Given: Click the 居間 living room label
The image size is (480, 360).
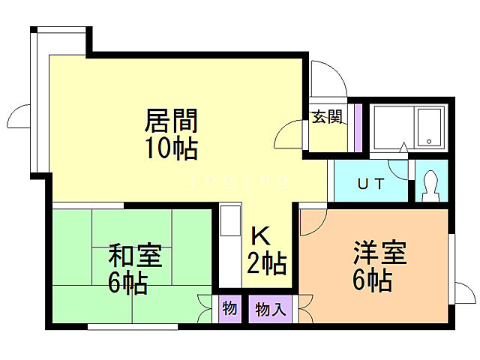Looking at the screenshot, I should pyautogui.click(x=170, y=120).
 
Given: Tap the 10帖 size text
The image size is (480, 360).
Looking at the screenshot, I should pyautogui.click(x=171, y=148).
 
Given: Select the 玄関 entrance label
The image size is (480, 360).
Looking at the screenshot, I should pyautogui.click(x=327, y=116).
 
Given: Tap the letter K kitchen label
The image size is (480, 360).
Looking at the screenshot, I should pyautogui.click(x=259, y=237).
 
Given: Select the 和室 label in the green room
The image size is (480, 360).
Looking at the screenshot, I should pyautogui.click(x=135, y=256).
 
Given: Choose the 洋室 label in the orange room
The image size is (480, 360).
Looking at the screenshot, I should pyautogui.click(x=380, y=253).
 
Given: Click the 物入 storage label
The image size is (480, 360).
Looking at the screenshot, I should pyautogui.click(x=271, y=309).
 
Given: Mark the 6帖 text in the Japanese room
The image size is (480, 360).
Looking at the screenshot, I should pyautogui.click(x=127, y=283).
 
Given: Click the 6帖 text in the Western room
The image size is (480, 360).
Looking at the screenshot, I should pyautogui.click(x=373, y=280).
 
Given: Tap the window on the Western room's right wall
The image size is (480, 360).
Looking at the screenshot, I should pyautogui.click(x=452, y=268).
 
